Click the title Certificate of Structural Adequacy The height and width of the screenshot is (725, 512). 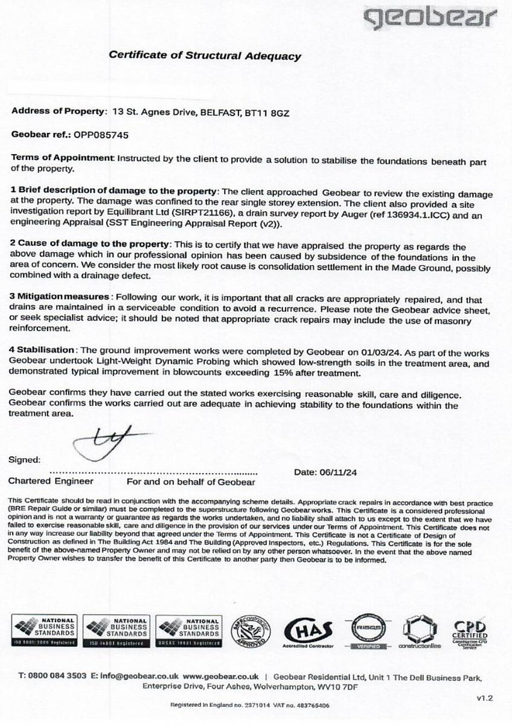click(204, 56)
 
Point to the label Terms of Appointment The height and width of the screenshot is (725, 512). click(63, 158)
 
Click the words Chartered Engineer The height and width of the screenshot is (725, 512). click(51, 482)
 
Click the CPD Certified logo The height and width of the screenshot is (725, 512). click(470, 633)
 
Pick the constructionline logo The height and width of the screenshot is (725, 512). click(420, 633)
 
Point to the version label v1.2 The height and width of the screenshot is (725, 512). click(485, 698)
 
